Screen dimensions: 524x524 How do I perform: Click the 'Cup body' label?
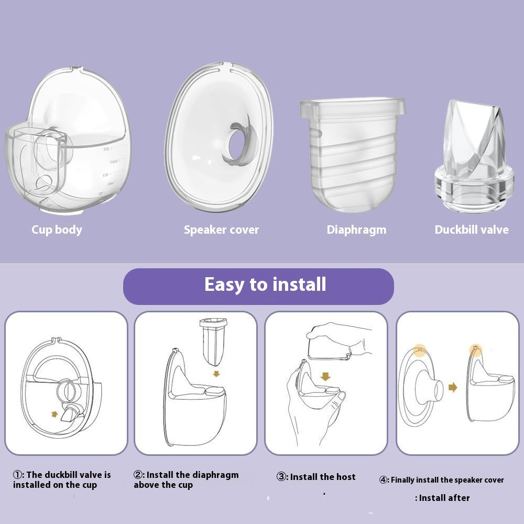(x=57, y=230)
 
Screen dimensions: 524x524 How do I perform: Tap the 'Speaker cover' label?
(x=221, y=230)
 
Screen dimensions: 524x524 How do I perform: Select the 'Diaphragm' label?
(x=356, y=230)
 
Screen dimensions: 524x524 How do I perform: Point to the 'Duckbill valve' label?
(x=472, y=230)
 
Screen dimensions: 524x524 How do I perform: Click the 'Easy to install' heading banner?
(x=258, y=287)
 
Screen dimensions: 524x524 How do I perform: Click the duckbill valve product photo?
(x=474, y=156)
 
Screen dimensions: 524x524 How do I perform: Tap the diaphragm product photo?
(x=352, y=155)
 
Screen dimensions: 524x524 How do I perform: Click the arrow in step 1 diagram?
(x=54, y=414)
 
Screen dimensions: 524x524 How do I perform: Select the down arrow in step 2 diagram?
(x=216, y=373)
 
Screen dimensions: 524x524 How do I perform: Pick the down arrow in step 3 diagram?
(x=325, y=377)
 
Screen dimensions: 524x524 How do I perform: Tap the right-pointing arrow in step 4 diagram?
(x=453, y=387)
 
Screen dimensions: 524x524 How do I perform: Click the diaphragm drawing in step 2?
(x=214, y=341)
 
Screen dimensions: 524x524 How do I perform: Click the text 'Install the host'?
(x=322, y=477)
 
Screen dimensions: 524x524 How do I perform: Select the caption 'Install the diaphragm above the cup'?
(x=186, y=480)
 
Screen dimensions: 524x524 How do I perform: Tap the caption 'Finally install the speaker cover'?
(x=441, y=480)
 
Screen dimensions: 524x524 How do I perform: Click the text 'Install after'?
(x=442, y=498)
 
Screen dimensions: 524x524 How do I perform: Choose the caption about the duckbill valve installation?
(x=62, y=480)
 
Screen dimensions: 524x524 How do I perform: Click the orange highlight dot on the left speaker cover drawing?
(x=420, y=350)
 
